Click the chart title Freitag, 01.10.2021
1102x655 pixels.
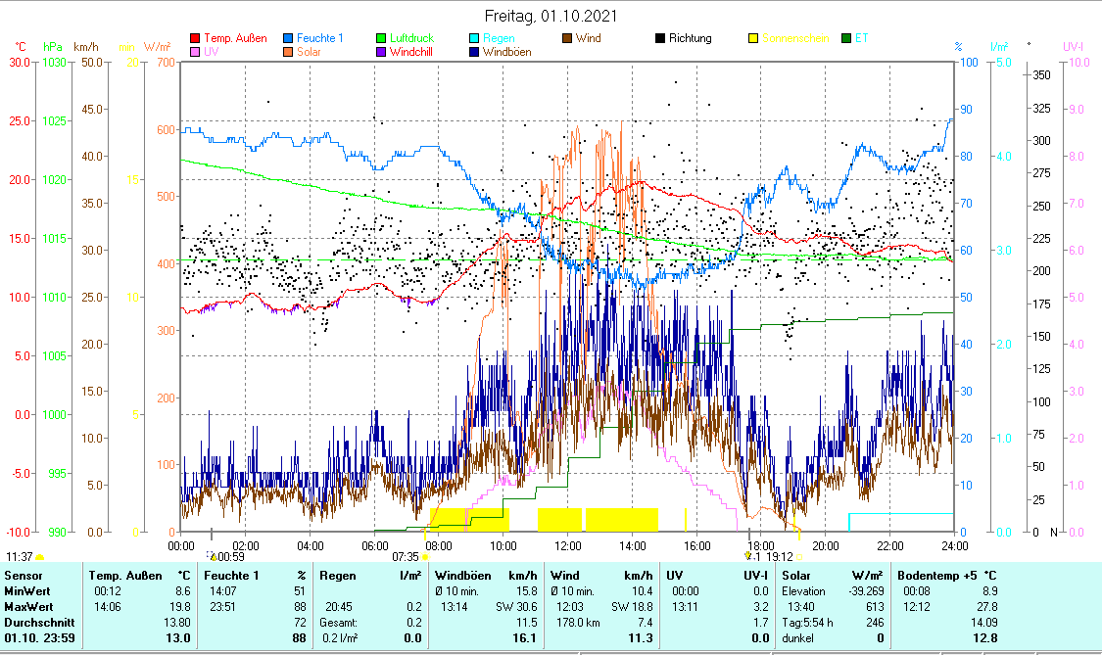click(551, 16)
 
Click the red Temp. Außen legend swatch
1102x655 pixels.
click(195, 39)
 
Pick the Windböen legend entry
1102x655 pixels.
click(506, 52)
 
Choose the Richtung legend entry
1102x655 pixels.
click(690, 38)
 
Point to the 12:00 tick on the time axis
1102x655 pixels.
click(568, 544)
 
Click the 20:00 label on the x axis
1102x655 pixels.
click(826, 544)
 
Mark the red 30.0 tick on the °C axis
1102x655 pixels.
click(20, 62)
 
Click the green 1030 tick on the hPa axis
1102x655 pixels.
click(54, 62)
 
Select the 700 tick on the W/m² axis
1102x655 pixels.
click(165, 62)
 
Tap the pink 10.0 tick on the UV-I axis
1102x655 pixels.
click(1076, 62)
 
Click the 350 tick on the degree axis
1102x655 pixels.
click(1042, 74)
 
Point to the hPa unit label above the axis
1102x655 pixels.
click(53, 46)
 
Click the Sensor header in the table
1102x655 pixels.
click(24, 575)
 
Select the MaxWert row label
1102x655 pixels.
click(27, 607)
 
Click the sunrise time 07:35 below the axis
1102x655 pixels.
click(406, 556)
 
